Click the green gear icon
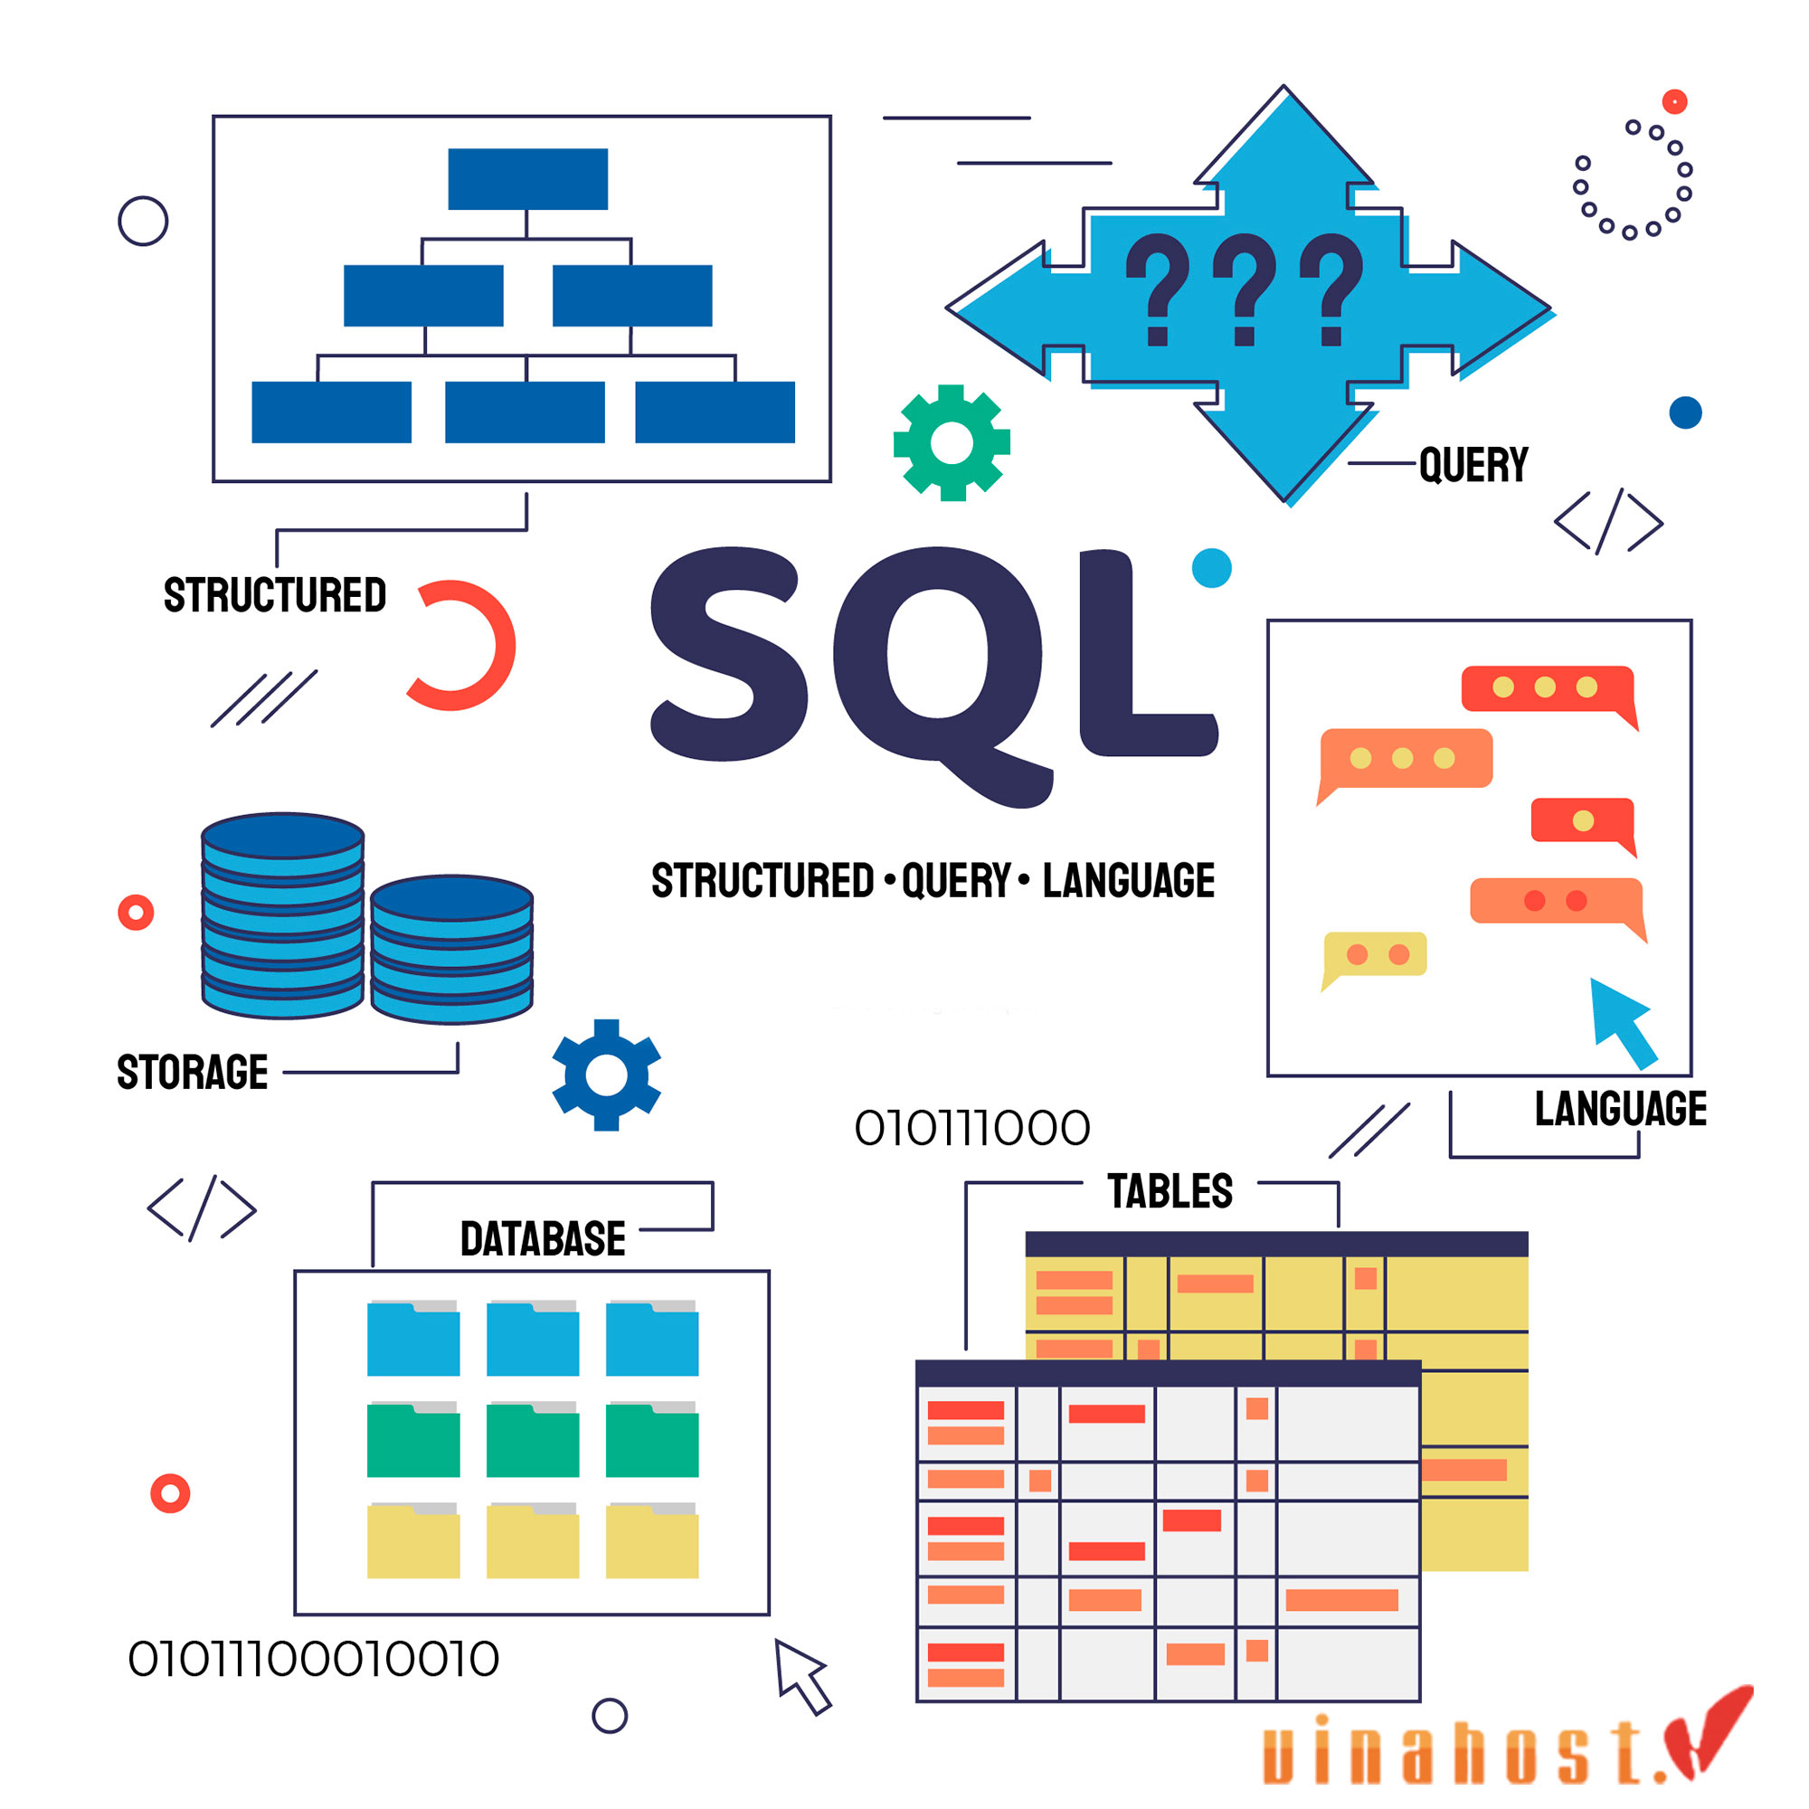tap(952, 443)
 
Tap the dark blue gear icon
tap(607, 1075)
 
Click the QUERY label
tap(1473, 465)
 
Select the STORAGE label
tap(193, 1072)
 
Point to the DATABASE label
tap(543, 1239)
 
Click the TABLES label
tap(1170, 1191)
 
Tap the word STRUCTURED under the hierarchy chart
tap(275, 595)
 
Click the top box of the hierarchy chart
tap(528, 179)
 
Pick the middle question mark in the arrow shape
tap(1245, 289)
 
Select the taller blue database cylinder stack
tap(283, 914)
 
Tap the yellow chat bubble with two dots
tap(1375, 956)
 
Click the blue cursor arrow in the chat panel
tap(1623, 1021)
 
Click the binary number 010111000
tap(972, 1128)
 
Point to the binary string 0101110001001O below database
tap(314, 1659)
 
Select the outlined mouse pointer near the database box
tap(800, 1675)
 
